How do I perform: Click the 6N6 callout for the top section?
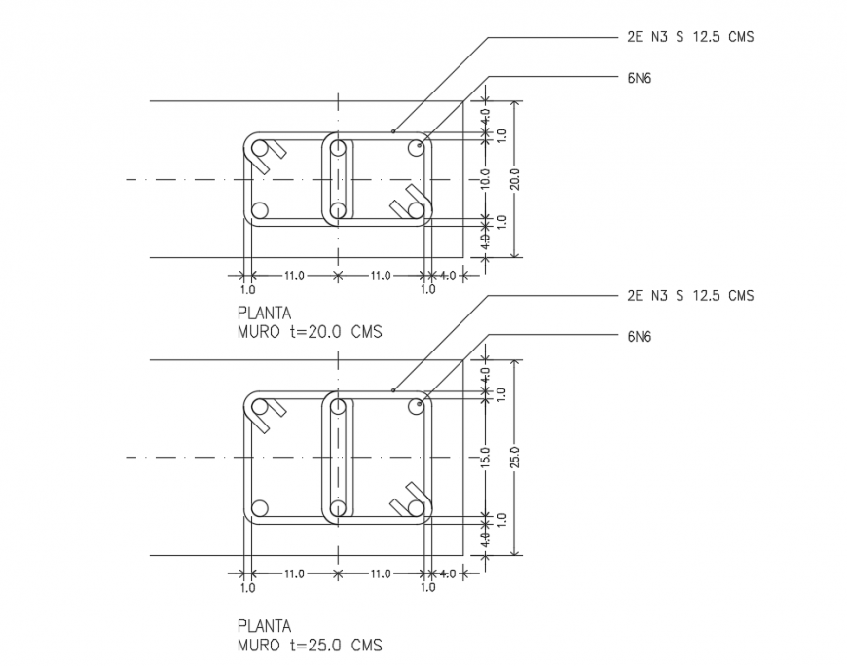click(x=640, y=78)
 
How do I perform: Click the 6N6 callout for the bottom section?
click(x=640, y=337)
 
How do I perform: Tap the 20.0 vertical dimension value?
click(x=515, y=179)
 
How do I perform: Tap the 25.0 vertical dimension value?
click(x=515, y=457)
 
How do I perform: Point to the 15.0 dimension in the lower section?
click(x=485, y=457)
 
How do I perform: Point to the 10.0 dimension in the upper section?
click(x=485, y=179)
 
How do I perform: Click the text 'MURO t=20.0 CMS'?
click(x=310, y=331)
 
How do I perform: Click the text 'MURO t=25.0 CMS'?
click(x=310, y=645)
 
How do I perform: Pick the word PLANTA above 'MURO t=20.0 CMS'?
click(x=264, y=314)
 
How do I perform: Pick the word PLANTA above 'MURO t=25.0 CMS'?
click(x=264, y=626)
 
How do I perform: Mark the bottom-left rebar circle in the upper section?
click(x=259, y=210)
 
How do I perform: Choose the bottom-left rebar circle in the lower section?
click(x=259, y=507)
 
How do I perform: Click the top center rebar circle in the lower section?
click(x=338, y=407)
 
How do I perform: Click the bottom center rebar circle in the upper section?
click(x=338, y=210)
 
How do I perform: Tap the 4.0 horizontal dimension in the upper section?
click(x=447, y=276)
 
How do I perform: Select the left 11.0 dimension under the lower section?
click(x=294, y=573)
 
